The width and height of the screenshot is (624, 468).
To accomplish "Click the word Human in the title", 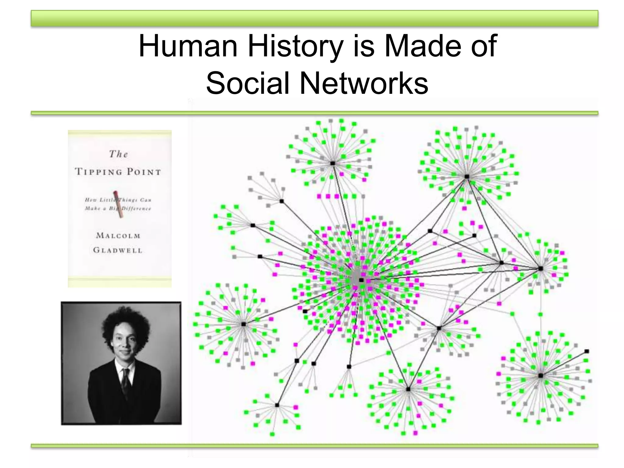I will (188, 46).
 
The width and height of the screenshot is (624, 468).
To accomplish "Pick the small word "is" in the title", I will (363, 46).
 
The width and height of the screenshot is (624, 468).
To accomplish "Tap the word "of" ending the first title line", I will (484, 46).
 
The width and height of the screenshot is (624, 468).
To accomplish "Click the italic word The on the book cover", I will (118, 154).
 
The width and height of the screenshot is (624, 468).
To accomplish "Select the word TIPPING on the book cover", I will (98, 172).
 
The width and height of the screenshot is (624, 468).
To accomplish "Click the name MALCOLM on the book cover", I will (118, 236).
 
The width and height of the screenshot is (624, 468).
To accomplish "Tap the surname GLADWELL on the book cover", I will (118, 250).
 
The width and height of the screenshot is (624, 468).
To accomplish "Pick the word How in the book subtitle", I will (90, 200).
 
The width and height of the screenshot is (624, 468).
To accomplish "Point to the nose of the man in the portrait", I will (124, 345).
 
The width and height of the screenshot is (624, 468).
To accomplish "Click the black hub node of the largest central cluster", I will (361, 280).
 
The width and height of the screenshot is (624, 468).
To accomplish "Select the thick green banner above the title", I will (314, 18).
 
